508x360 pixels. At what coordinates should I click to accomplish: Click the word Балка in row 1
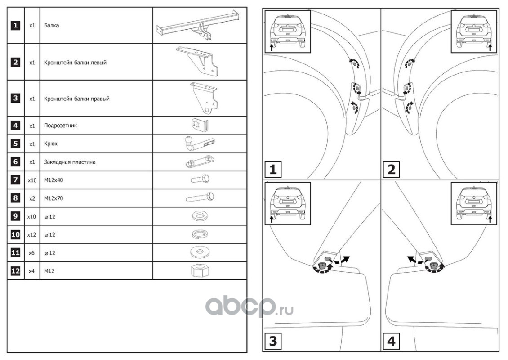[x=51, y=25]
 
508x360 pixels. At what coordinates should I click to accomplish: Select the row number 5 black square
[x=16, y=144]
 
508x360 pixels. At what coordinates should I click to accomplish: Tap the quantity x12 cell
[x=31, y=234]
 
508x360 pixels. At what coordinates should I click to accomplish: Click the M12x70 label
[x=53, y=198]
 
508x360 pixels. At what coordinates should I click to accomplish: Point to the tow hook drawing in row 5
[x=200, y=144]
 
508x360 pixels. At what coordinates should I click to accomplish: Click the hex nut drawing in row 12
[x=200, y=270]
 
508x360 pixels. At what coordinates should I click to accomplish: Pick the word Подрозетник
[x=60, y=126]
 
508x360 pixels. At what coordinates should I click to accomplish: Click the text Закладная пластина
[x=70, y=162]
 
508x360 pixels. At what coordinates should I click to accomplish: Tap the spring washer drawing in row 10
[x=200, y=234]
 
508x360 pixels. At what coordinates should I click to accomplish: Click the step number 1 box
[x=273, y=169]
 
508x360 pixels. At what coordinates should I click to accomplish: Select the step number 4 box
[x=391, y=341]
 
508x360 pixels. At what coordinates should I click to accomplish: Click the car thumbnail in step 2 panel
[x=474, y=31]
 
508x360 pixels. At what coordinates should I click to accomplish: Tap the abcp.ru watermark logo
[x=250, y=306]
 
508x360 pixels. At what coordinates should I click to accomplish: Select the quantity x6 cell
[x=31, y=252]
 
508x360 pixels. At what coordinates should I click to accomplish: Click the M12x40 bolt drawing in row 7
[x=200, y=179]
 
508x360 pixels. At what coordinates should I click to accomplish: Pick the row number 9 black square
[x=16, y=216]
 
